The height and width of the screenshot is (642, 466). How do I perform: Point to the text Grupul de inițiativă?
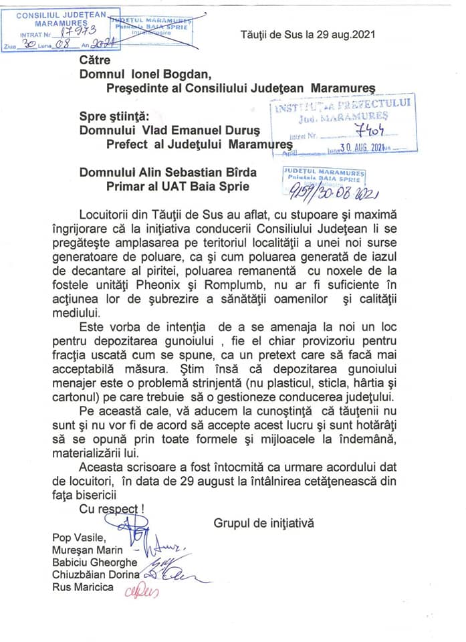264,522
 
